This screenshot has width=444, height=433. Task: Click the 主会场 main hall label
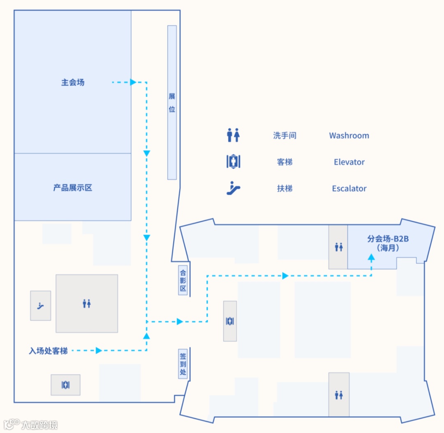(73, 82)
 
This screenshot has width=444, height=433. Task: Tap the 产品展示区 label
(73, 188)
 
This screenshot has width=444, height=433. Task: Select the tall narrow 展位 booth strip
(172, 103)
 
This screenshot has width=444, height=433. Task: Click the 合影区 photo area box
(183, 280)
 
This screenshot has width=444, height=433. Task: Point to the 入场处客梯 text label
(48, 351)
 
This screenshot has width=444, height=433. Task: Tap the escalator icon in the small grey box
(41, 305)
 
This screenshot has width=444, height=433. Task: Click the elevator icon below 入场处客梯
(65, 385)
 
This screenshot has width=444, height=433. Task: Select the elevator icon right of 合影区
(230, 321)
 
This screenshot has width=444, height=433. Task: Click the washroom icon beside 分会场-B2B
(338, 247)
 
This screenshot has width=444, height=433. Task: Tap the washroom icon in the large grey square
(87, 304)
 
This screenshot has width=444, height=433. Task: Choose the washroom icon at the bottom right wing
(339, 395)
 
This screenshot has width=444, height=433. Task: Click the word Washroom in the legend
(349, 135)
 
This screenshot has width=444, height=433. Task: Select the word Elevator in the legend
(349, 162)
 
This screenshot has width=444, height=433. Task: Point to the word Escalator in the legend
(349, 189)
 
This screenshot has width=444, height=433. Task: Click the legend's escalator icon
(233, 188)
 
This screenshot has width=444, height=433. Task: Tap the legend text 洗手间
(284, 135)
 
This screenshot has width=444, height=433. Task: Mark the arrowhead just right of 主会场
(133, 82)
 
